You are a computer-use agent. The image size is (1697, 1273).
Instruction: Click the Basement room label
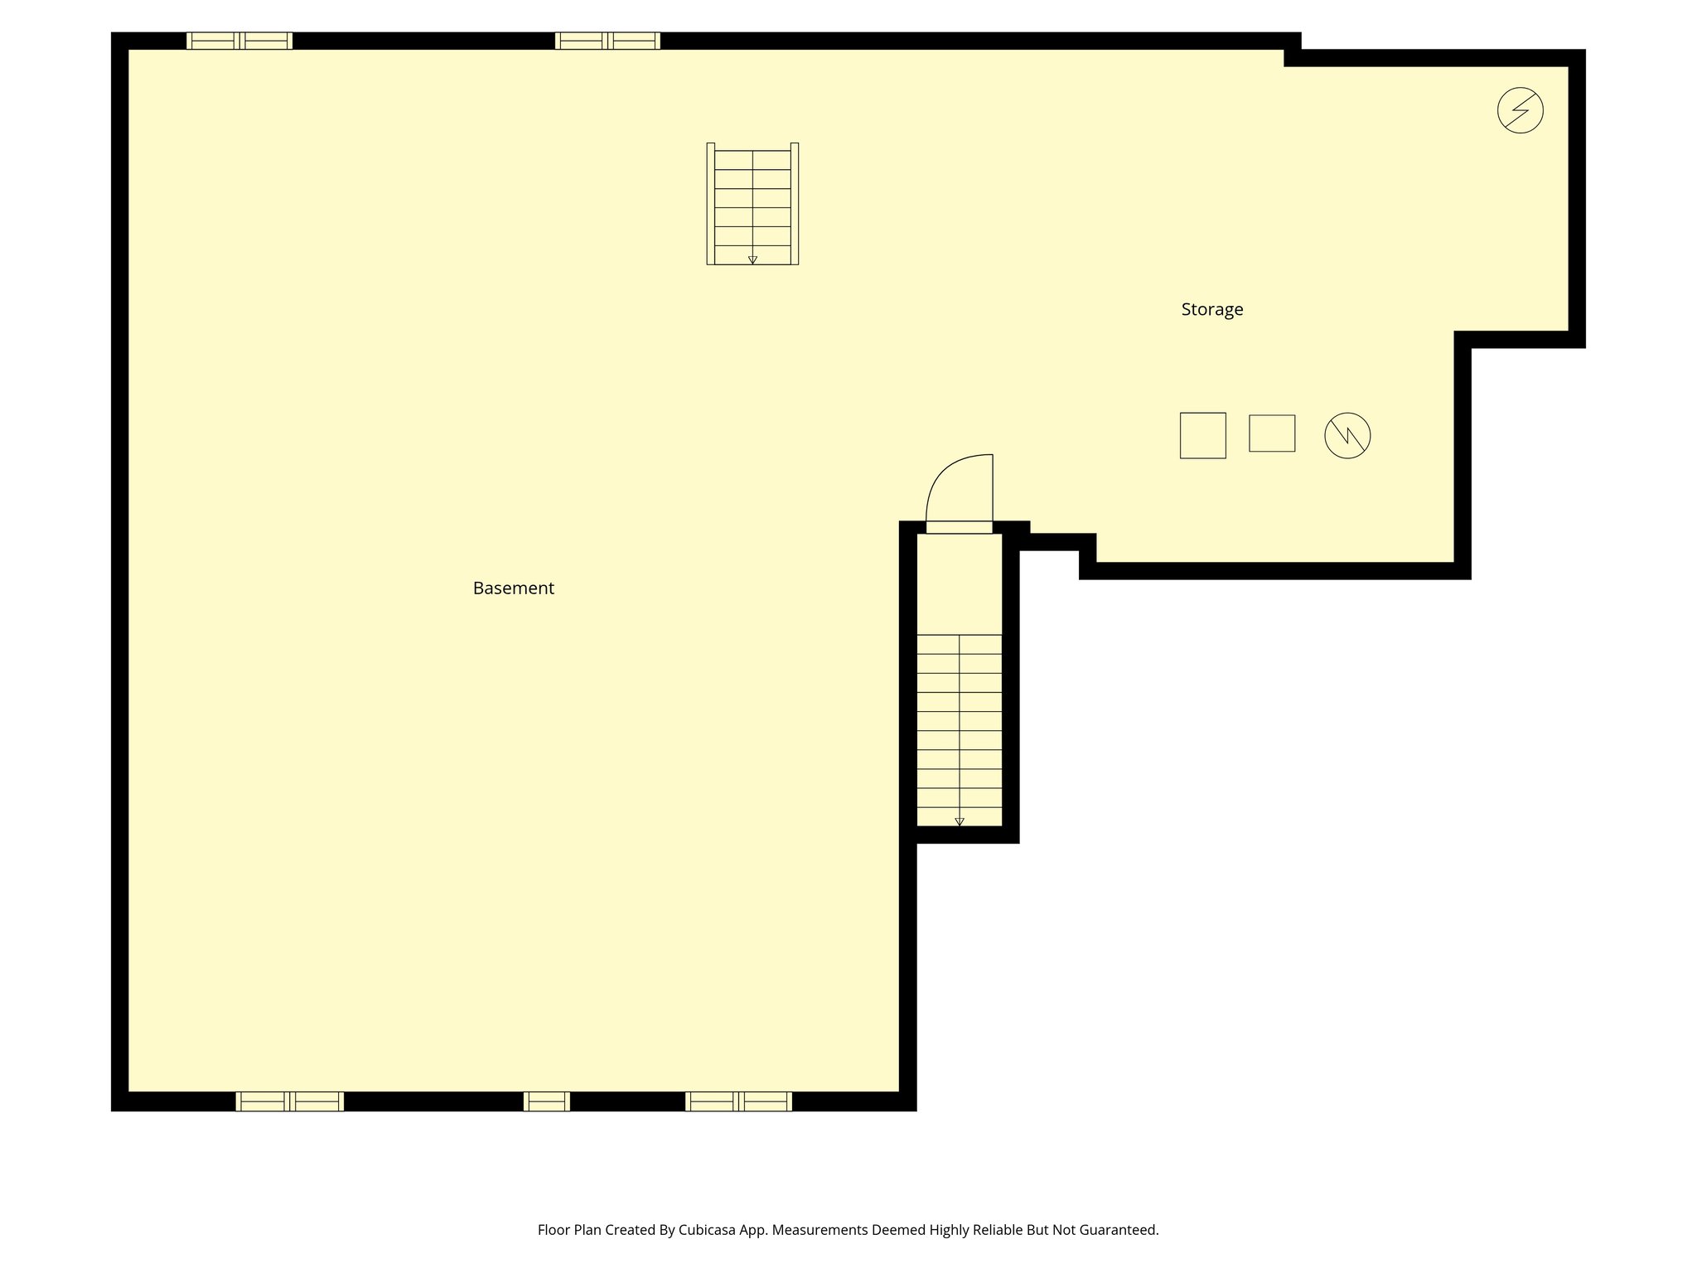click(513, 588)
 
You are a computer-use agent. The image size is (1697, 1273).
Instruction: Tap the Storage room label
click(1211, 310)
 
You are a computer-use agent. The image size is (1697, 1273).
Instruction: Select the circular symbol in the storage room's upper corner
click(1520, 110)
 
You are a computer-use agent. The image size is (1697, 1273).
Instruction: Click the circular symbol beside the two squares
click(1346, 436)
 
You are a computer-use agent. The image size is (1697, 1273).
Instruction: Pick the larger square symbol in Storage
click(1202, 435)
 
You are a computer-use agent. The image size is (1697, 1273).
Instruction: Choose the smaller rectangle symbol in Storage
click(1271, 433)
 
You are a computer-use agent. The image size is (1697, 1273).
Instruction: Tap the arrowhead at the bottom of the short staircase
click(752, 260)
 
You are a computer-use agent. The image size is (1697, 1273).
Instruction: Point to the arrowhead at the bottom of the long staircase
click(959, 822)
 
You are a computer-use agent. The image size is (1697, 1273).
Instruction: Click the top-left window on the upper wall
click(239, 41)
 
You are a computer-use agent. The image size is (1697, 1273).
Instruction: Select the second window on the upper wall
click(607, 41)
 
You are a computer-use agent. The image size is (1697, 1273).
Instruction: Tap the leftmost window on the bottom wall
click(289, 1101)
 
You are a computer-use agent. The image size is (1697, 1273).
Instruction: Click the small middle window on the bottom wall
click(546, 1101)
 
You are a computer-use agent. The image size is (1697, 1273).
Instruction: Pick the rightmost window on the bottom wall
click(737, 1101)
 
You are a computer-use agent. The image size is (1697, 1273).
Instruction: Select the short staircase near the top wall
click(752, 204)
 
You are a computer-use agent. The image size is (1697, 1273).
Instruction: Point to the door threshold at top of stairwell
click(959, 527)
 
